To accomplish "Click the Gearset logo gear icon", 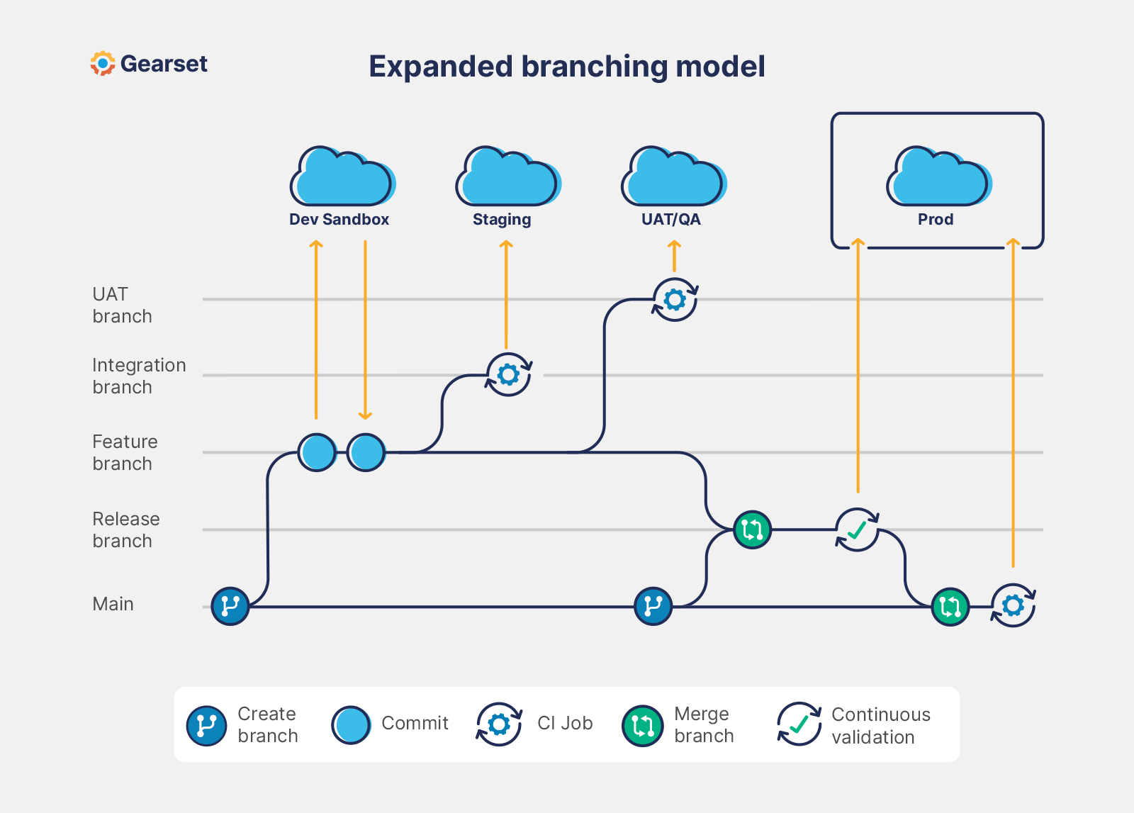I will pyautogui.click(x=103, y=64).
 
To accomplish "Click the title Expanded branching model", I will pyautogui.click(x=566, y=67).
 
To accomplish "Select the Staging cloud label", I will pyautogui.click(x=502, y=220).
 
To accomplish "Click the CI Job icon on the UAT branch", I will pyautogui.click(x=675, y=300).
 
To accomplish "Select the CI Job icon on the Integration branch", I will pyautogui.click(x=508, y=374).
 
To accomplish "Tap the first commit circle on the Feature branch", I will pyautogui.click(x=317, y=452).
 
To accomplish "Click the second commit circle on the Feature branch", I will pyautogui.click(x=366, y=452).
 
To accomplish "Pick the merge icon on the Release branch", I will pyautogui.click(x=752, y=529).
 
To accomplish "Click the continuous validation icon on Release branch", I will pyautogui.click(x=857, y=529).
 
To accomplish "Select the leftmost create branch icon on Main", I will pyautogui.click(x=230, y=606).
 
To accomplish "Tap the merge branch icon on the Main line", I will pyautogui.click(x=950, y=607).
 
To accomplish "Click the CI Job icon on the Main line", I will pyautogui.click(x=1013, y=605).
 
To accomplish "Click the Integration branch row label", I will pyautogui.click(x=139, y=376).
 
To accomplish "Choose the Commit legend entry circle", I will pyautogui.click(x=351, y=724).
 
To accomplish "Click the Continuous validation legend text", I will pyautogui.click(x=880, y=725).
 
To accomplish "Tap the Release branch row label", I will pyautogui.click(x=125, y=529).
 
